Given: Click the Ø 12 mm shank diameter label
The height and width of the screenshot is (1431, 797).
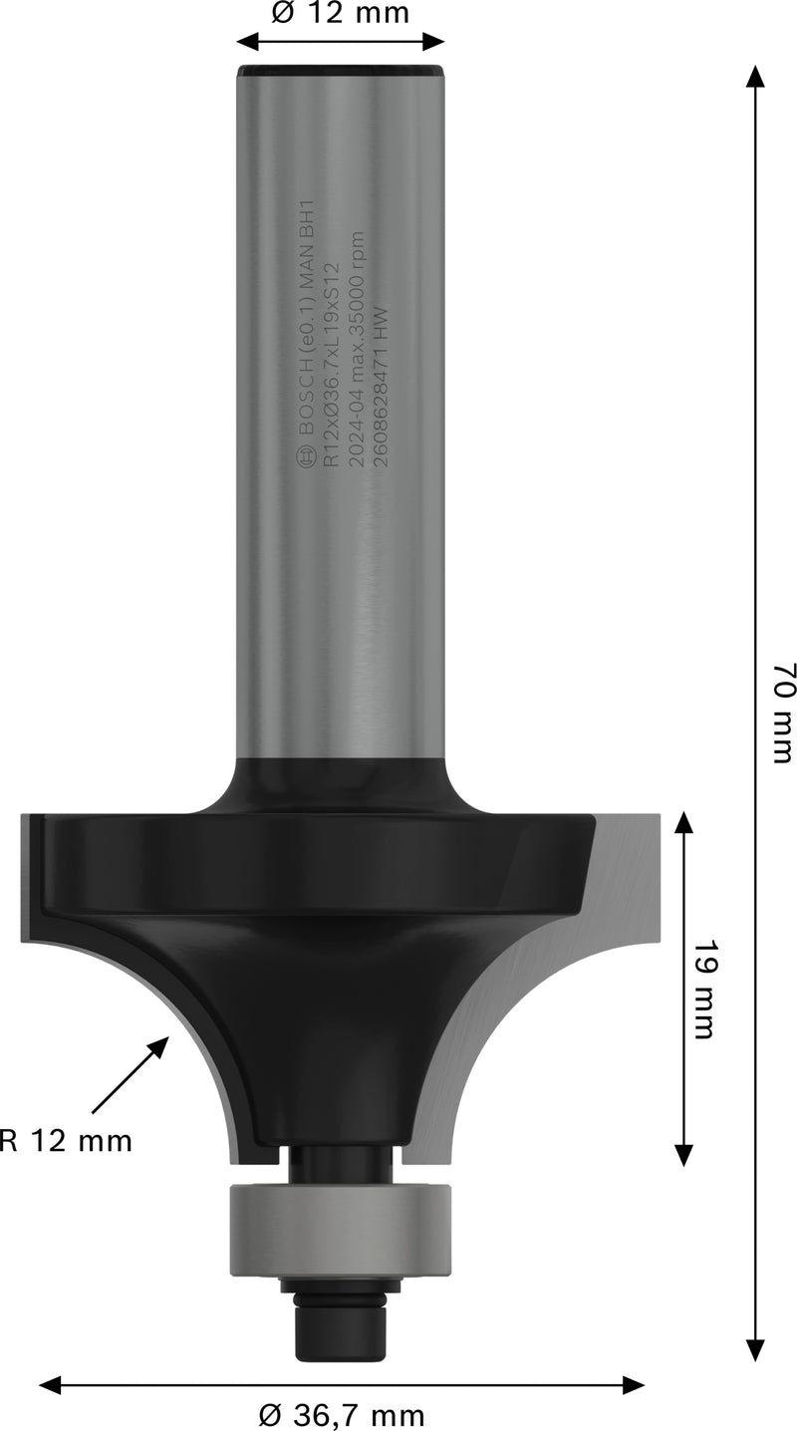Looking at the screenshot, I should (340, 14).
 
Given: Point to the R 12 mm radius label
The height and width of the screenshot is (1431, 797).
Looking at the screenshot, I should (66, 1141).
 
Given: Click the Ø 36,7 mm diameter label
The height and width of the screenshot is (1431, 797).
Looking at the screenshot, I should (341, 1414).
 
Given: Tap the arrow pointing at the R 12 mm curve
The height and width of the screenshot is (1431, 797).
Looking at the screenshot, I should (130, 1075).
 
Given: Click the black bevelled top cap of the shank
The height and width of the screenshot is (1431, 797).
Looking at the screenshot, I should (340, 73).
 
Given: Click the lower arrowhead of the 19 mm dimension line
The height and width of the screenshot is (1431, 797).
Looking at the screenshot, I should (683, 1155).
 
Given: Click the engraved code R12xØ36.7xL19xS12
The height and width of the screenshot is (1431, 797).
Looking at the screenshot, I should (330, 378).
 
